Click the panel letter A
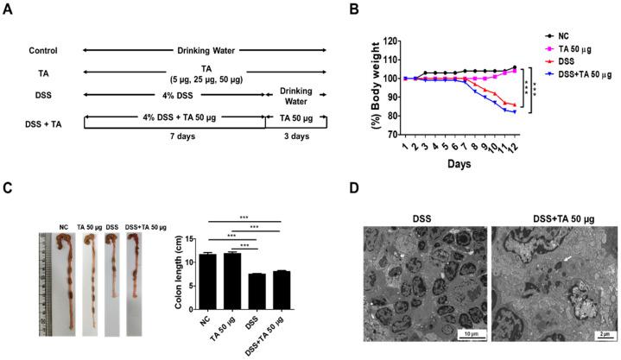(11, 10)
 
